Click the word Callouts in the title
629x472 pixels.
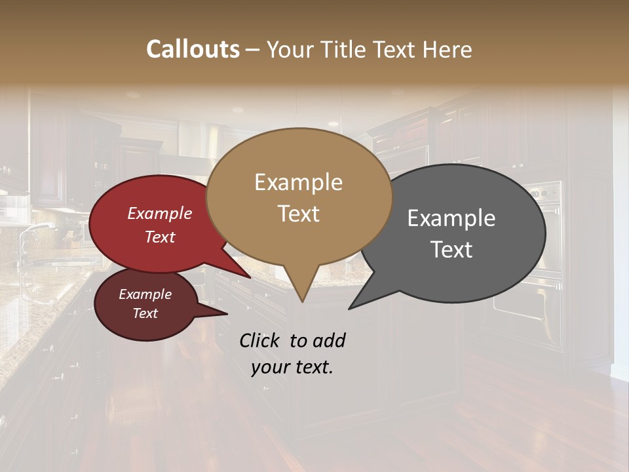pyautogui.click(x=193, y=49)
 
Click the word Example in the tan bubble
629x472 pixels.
pyautogui.click(x=298, y=182)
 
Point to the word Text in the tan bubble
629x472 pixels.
pyautogui.click(x=298, y=214)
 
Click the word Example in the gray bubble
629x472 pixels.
pyautogui.click(x=451, y=218)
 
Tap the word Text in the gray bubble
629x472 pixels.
pyautogui.click(x=451, y=250)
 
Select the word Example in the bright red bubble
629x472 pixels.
pyautogui.click(x=159, y=213)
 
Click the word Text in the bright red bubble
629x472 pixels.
pyautogui.click(x=159, y=237)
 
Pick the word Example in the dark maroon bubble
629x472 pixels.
pyautogui.click(x=145, y=294)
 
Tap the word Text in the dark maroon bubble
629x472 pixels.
pyautogui.click(x=145, y=313)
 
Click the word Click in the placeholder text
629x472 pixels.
pyautogui.click(x=260, y=340)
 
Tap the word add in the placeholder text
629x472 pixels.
pyautogui.click(x=330, y=340)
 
